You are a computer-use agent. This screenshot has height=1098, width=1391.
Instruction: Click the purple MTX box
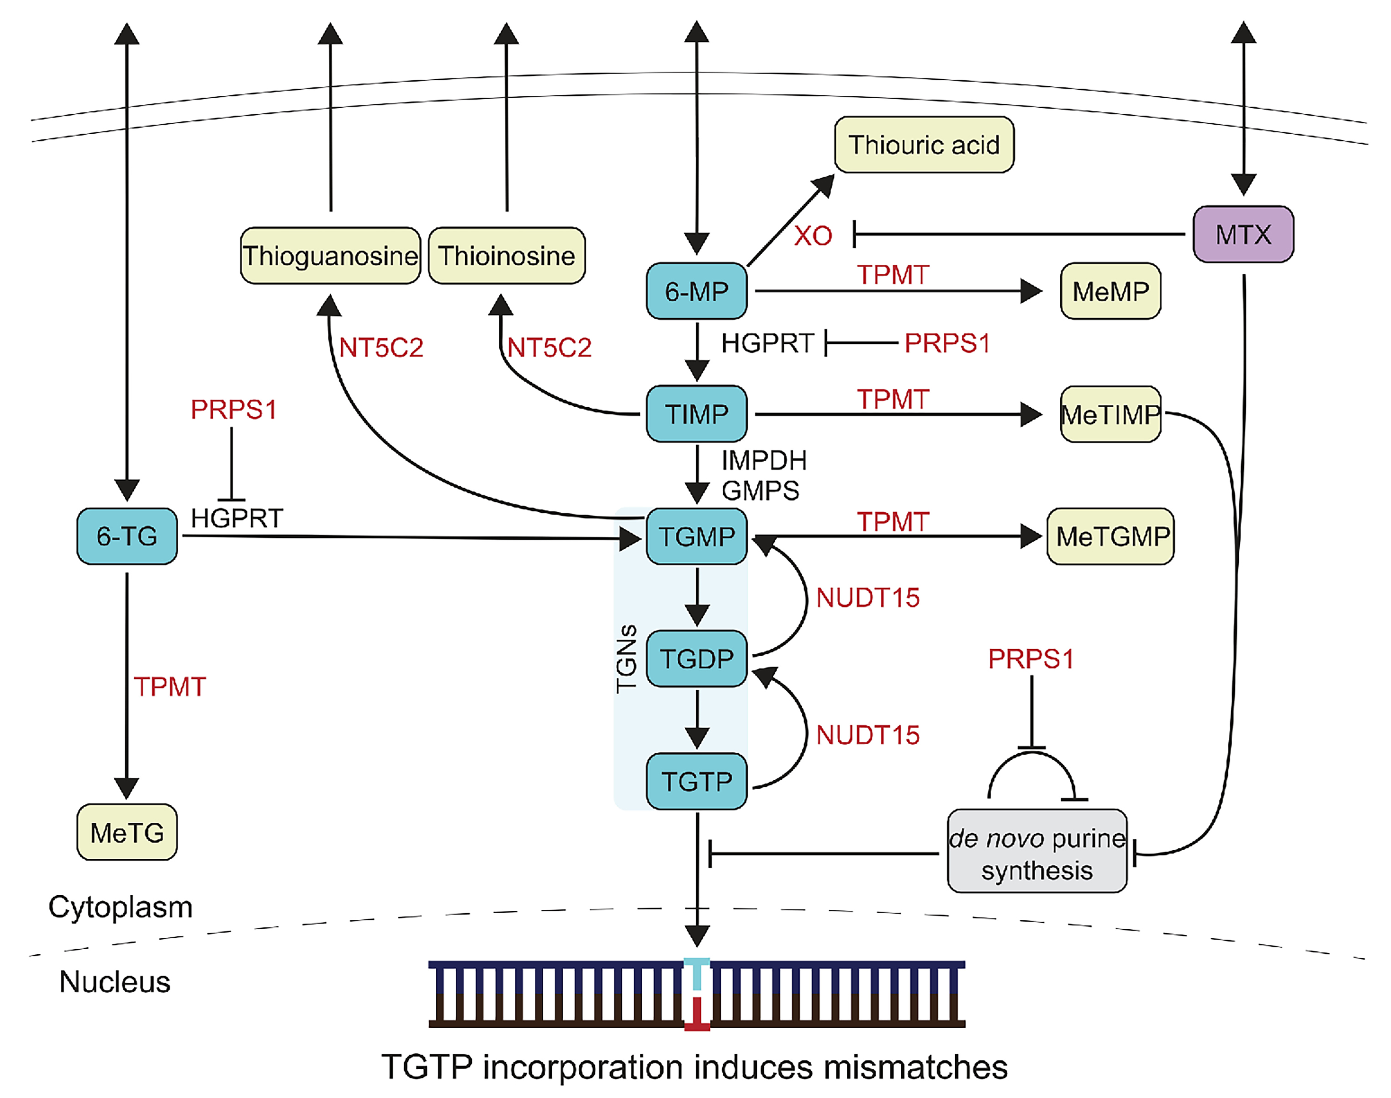(x=1243, y=234)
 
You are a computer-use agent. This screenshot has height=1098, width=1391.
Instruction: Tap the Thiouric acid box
(x=924, y=145)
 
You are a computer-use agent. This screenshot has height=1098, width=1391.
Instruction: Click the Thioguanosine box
(x=330, y=256)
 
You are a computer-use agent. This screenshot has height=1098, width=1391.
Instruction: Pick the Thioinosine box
(x=506, y=256)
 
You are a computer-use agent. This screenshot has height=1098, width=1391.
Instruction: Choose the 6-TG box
(x=127, y=536)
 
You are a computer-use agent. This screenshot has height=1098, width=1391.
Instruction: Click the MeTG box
(x=127, y=832)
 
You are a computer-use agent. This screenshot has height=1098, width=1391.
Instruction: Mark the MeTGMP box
(x=1111, y=536)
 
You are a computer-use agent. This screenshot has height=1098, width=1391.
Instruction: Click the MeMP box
(x=1110, y=291)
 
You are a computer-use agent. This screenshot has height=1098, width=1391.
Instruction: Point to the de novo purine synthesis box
(x=1036, y=851)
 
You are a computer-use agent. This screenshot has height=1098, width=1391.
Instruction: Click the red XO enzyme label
(x=813, y=236)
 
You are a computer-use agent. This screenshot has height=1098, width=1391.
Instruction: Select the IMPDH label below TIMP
(x=763, y=460)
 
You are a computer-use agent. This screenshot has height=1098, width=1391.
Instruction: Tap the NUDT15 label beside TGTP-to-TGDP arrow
(x=867, y=735)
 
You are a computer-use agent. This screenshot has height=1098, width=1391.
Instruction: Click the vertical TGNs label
(x=626, y=658)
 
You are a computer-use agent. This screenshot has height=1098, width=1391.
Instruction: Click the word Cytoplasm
(x=120, y=907)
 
